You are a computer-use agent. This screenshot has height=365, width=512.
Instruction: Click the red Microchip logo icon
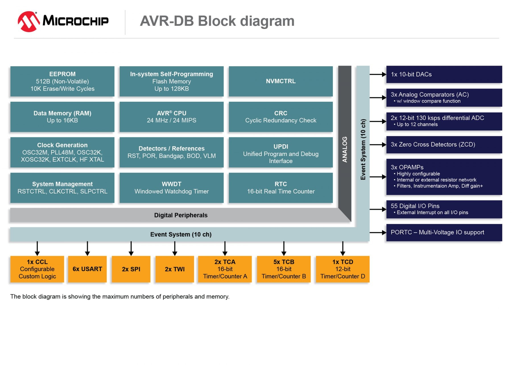click(28, 22)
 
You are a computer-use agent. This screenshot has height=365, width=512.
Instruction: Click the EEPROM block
click(62, 81)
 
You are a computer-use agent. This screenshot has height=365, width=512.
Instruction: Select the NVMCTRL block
click(280, 81)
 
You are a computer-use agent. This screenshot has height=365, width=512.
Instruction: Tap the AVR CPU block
click(171, 117)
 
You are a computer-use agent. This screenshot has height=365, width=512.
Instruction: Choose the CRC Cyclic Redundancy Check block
click(280, 117)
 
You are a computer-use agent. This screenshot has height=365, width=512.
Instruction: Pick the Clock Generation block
click(62, 152)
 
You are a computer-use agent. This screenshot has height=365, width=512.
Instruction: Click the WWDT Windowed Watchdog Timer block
click(171, 188)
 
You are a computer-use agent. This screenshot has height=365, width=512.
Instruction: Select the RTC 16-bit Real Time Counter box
click(280, 188)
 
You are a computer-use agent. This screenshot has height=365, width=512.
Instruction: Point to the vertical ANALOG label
click(344, 149)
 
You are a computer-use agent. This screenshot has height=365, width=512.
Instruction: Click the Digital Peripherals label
click(181, 215)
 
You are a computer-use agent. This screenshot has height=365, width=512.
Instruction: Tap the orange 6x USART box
click(87, 269)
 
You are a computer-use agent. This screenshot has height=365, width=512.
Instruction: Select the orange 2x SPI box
click(131, 269)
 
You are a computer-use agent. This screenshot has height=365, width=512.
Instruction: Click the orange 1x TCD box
click(342, 269)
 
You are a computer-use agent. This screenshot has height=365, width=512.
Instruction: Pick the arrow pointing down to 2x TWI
click(175, 249)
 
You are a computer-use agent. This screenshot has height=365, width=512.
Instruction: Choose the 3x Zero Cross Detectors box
click(444, 145)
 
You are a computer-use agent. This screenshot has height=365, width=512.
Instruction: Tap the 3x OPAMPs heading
click(407, 167)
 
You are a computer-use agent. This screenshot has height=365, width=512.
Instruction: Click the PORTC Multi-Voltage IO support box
click(444, 232)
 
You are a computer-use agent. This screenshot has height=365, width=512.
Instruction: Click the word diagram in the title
click(267, 21)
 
